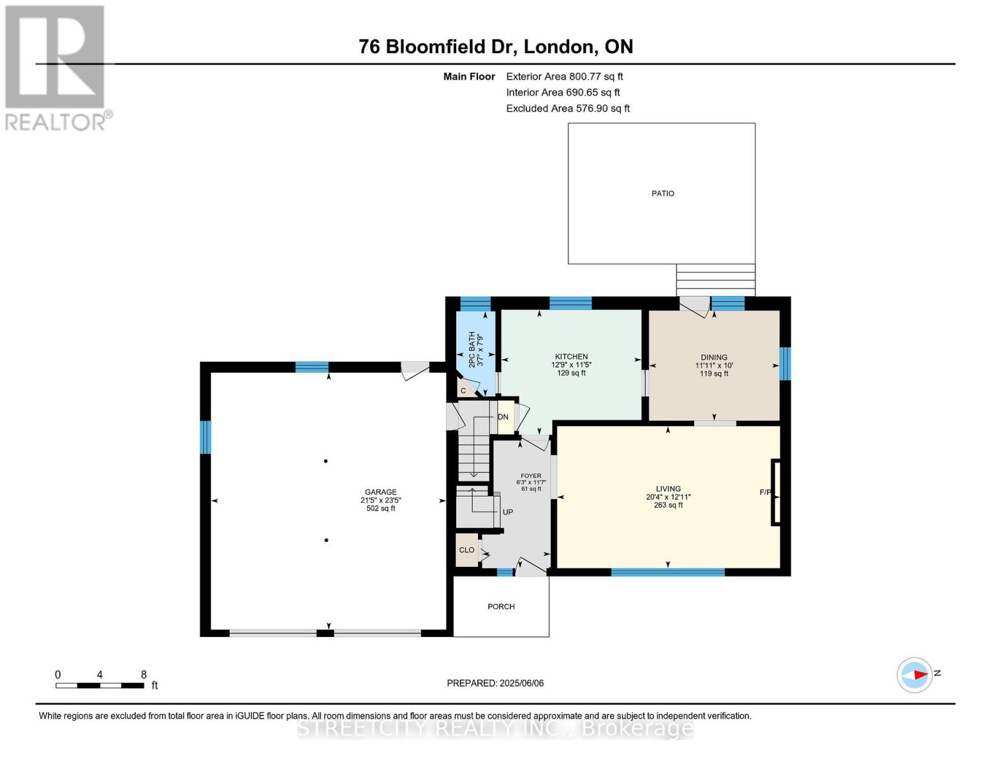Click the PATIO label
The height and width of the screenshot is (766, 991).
[662, 193]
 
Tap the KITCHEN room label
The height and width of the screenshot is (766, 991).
[571, 357]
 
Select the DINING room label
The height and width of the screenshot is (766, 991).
[713, 357]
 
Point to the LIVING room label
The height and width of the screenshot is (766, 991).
[668, 489]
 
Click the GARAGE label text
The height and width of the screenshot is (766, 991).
[380, 492]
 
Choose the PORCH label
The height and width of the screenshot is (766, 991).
[501, 606]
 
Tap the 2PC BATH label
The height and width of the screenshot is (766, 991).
[472, 349]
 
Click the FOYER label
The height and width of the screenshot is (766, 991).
[531, 476]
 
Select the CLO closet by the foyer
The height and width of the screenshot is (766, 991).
[466, 550]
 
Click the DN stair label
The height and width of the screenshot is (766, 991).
[503, 417]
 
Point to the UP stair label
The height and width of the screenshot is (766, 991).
[508, 512]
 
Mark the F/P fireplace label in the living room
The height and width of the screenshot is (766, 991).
[765, 492]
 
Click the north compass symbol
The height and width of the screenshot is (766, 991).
[915, 675]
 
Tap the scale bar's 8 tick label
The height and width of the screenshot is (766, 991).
[144, 675]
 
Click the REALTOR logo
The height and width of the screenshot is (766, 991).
[56, 67]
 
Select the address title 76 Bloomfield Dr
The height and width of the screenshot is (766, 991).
[495, 47]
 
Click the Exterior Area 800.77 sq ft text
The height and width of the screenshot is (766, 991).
[564, 77]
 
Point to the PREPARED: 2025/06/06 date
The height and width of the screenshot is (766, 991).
[495, 683]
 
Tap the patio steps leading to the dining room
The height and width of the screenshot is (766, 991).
[715, 280]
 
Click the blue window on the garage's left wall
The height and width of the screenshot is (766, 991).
[205, 437]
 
